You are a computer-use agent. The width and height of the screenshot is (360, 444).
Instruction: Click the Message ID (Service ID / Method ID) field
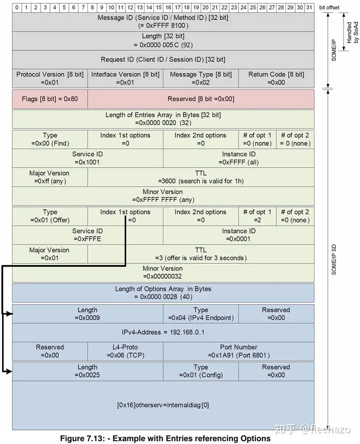tap(163, 22)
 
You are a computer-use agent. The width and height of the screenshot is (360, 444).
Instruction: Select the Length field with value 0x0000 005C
tap(163, 40)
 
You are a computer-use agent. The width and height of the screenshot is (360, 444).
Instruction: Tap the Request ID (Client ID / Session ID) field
tap(163, 59)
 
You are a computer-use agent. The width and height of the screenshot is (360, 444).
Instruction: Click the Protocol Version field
tap(50, 78)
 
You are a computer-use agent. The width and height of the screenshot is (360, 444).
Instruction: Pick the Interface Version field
tap(125, 78)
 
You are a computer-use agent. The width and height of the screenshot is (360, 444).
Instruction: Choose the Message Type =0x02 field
tap(201, 78)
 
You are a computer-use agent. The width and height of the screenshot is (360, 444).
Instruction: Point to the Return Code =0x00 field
tap(276, 78)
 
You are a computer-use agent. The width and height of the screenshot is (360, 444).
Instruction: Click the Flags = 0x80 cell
tap(50, 99)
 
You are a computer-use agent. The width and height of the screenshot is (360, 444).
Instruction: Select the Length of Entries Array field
tap(163, 119)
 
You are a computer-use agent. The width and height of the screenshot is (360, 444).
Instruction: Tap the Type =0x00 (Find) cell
tap(50, 139)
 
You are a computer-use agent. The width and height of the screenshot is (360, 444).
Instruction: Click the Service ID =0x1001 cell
tap(87, 158)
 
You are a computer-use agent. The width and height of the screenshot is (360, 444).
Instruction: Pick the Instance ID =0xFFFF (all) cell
tap(238, 158)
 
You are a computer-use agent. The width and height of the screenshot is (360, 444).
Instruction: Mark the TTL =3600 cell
tap(201, 177)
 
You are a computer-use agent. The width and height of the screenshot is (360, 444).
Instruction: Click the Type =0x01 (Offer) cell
tap(50, 216)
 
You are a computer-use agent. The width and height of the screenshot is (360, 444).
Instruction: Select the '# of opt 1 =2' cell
tap(257, 216)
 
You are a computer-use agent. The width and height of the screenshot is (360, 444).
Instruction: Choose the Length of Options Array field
tap(163, 293)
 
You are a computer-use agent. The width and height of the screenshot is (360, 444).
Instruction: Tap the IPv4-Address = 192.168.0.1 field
tap(163, 332)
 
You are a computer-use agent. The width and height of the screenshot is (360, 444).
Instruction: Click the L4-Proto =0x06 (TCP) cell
tap(125, 351)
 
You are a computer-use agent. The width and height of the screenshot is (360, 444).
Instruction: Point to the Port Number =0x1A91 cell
tap(238, 351)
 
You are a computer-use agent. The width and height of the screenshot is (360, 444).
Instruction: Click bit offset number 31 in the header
tap(309, 7)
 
